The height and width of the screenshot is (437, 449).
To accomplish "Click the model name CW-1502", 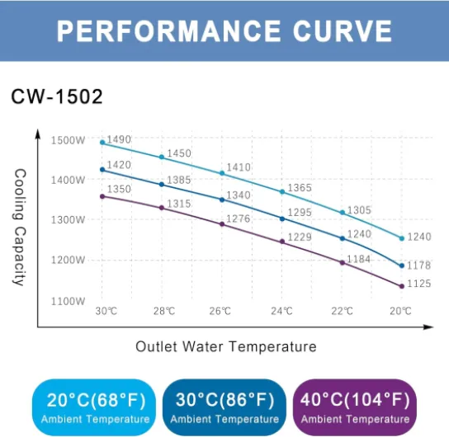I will point(57,96).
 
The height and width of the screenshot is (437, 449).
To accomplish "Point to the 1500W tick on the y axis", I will point(69,140).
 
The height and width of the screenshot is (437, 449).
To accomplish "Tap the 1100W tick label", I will point(69,301).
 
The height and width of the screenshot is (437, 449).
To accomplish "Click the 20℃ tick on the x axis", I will point(401,312).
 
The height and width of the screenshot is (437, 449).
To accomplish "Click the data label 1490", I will point(120,139).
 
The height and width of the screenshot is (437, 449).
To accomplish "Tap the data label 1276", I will point(239,218).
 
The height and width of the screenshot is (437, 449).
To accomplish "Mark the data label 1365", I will point(299,188).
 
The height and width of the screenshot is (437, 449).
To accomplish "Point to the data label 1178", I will point(420,265).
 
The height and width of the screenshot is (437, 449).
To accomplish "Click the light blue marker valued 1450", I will point(162,157).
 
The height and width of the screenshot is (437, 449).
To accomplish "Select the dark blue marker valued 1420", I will point(102,170).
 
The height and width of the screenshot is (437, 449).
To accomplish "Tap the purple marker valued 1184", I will point(342,262).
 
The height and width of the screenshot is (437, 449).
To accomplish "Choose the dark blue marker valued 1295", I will point(282,218).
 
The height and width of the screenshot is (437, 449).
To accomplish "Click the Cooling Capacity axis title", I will point(21,227).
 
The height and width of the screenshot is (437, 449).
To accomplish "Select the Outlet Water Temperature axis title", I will point(225,347).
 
